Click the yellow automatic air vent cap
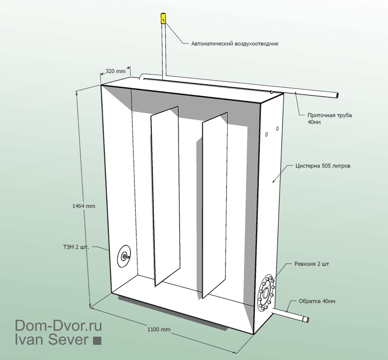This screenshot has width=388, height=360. pyautogui.click(x=163, y=18)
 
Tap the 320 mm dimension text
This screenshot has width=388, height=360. pyautogui.click(x=115, y=71)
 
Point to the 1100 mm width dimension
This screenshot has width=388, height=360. pyautogui.click(x=159, y=329)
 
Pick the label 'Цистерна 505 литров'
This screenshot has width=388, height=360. pyautogui.click(x=323, y=166)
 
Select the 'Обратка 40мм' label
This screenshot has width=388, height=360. pyautogui.click(x=317, y=301)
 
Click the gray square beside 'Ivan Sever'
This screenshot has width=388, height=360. pyautogui.click(x=97, y=341)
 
